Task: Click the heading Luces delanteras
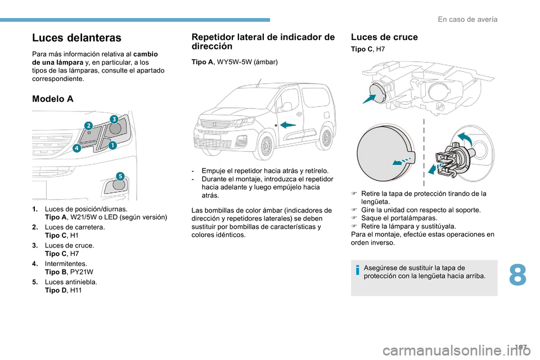pyautogui.click(x=76, y=38)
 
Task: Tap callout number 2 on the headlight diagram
pyautogui.click(x=88, y=125)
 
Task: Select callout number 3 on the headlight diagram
pyautogui.click(x=113, y=119)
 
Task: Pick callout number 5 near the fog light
pyautogui.click(x=120, y=177)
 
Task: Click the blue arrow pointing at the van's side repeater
pyautogui.click(x=289, y=124)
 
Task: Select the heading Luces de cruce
pyautogui.click(x=384, y=37)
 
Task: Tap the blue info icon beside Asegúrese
pyautogui.click(x=357, y=271)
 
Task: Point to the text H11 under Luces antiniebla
pyautogui.click(x=74, y=290)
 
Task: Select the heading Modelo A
pyautogui.click(x=53, y=98)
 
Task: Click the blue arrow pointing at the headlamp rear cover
pyautogui.click(x=370, y=100)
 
